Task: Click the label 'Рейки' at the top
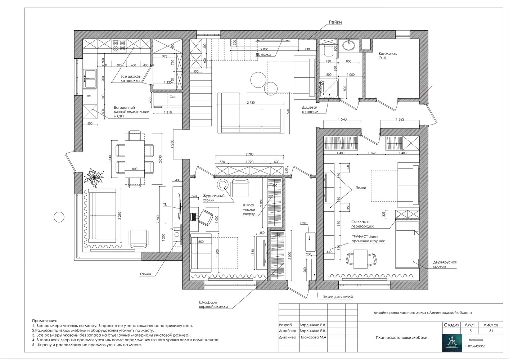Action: click(335, 22)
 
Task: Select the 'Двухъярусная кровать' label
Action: click(445, 264)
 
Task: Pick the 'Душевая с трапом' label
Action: click(310, 110)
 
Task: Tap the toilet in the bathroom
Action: click(328, 51)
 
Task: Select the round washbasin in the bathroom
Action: click(348, 45)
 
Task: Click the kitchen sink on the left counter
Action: click(89, 79)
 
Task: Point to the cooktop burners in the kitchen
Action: click(119, 46)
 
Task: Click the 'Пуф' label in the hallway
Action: click(303, 223)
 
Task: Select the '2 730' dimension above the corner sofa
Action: click(251, 103)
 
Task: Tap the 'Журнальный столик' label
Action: click(216, 198)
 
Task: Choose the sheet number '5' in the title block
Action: click(470, 330)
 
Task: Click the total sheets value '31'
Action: click(491, 330)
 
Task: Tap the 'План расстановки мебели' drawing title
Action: click(401, 337)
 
